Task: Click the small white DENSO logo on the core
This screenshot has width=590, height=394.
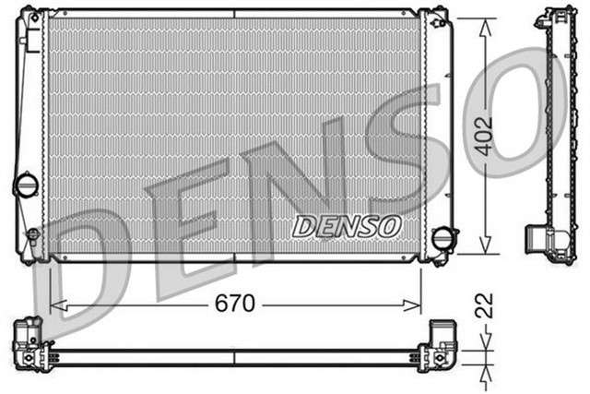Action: click(x=346, y=224)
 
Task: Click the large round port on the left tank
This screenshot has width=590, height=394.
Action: click(x=24, y=185)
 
